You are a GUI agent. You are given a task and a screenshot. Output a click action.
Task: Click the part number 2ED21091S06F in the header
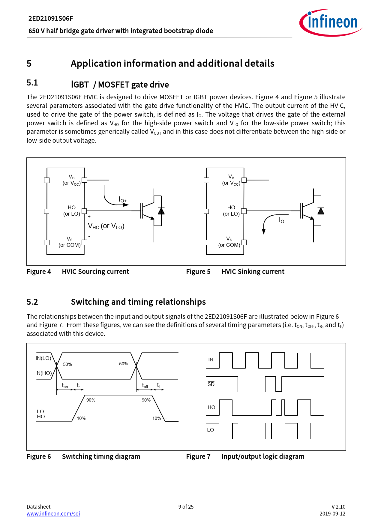coord(51,19)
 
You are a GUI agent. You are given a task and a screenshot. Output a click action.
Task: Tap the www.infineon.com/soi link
coord(53,514)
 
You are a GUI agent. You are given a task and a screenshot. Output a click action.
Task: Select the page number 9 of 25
coord(186,507)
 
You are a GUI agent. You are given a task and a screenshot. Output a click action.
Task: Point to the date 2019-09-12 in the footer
coord(332,514)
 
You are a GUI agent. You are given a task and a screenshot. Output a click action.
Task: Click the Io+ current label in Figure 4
coord(123,199)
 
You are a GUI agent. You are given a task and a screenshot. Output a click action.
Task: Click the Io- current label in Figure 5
coord(282,220)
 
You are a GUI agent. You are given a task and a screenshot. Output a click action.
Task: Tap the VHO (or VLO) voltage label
coord(106,226)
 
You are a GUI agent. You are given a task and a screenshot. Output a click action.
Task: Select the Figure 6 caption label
coord(39,456)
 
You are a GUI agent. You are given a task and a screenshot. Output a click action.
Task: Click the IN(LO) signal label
coord(43,358)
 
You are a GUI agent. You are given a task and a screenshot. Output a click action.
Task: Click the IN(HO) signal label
coord(43,373)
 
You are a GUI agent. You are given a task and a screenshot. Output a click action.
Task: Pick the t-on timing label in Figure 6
coord(65,386)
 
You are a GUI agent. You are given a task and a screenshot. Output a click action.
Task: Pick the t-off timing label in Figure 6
coord(145,386)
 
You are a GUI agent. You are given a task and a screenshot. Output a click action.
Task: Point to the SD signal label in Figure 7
coord(211,384)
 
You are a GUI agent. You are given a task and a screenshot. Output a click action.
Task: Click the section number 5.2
coord(32,302)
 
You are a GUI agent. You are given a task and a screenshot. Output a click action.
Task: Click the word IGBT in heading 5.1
coord(80,85)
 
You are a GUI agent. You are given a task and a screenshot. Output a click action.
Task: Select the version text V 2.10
coord(338,507)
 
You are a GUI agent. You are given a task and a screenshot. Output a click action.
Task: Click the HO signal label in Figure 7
coord(211,407)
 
